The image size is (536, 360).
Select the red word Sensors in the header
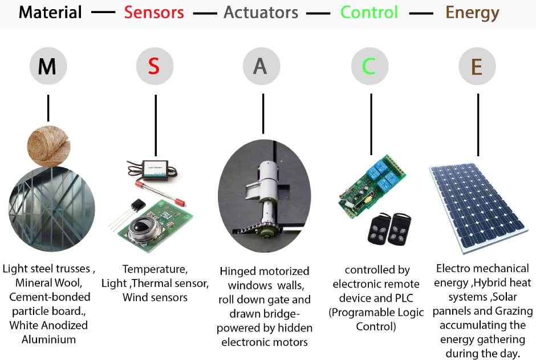pyautogui.click(x=155, y=13)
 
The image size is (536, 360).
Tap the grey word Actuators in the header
pyautogui.click(x=261, y=13)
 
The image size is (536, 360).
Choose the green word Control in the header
pyautogui.click(x=369, y=13)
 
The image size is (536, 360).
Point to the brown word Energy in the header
pyautogui.click(x=472, y=13)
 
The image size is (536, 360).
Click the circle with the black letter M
pyautogui.click(x=48, y=67)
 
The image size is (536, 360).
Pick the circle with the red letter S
pyautogui.click(x=155, y=67)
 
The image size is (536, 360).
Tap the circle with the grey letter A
pyautogui.click(x=261, y=67)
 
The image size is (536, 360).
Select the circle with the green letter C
pyautogui.click(x=369, y=67)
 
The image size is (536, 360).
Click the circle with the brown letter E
pyautogui.click(x=477, y=67)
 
